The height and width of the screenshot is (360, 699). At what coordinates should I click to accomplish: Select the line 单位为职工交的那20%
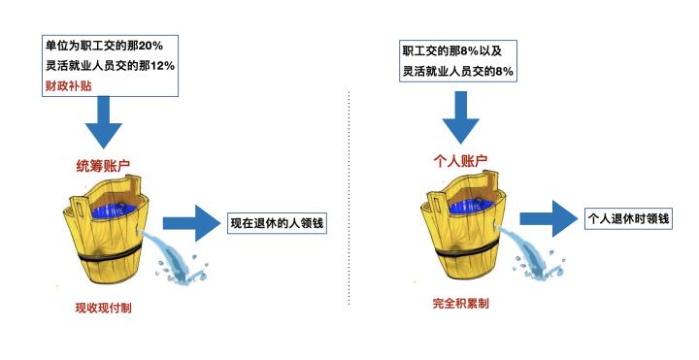point(102,44)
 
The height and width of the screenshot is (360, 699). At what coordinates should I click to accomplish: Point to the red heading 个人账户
point(459,161)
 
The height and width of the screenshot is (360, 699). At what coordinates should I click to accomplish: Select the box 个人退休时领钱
point(628,219)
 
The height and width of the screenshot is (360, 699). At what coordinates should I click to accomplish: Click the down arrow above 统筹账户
point(103,123)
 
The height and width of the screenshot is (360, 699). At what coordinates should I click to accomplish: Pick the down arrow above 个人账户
point(460,118)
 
